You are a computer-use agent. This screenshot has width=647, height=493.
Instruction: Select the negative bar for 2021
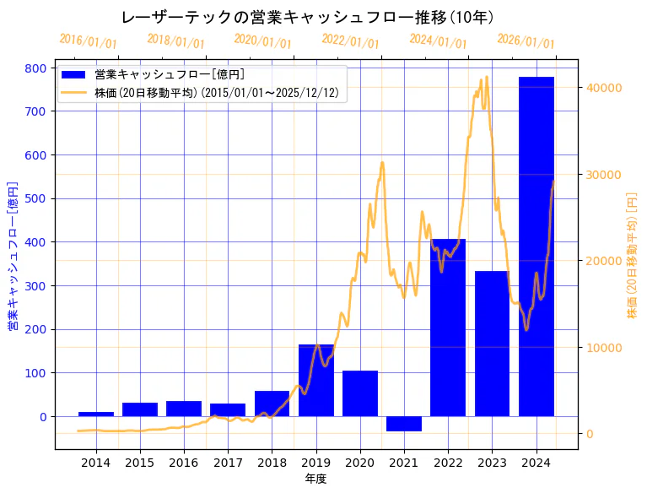click(x=404, y=424)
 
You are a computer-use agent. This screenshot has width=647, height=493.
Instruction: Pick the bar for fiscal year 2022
click(x=448, y=338)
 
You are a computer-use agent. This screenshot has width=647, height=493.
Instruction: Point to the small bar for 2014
click(x=96, y=414)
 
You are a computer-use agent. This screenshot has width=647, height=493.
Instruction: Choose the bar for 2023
click(x=492, y=346)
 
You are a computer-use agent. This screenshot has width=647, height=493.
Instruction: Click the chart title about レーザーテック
click(x=308, y=18)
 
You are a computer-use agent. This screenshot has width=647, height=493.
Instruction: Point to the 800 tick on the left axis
click(x=40, y=68)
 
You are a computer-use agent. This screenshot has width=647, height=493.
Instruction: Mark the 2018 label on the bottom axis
click(x=272, y=462)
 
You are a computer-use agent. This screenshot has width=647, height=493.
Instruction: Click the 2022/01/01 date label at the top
click(x=350, y=41)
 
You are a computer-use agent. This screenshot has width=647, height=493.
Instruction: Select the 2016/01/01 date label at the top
click(x=88, y=41)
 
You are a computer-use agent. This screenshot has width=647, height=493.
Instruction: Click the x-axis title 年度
click(x=315, y=479)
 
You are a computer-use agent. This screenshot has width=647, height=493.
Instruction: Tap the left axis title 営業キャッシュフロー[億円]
click(x=13, y=256)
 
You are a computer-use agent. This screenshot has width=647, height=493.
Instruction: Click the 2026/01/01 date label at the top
click(x=526, y=41)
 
